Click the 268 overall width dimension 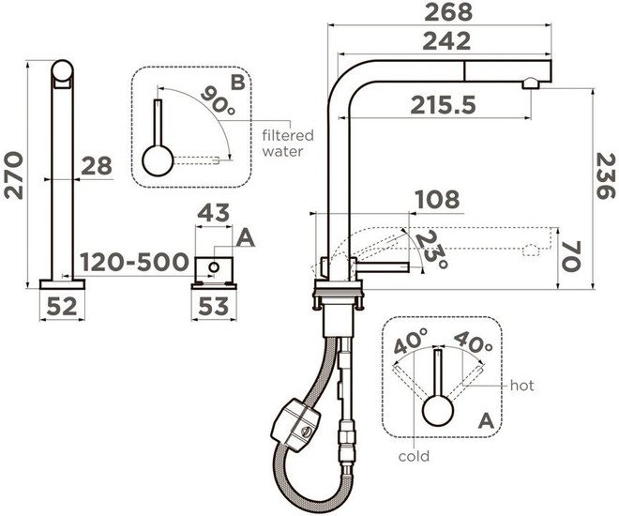[448, 12]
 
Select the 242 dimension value [446, 41]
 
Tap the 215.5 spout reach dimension [443, 105]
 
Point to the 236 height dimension [606, 176]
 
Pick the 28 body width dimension [97, 166]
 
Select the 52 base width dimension [62, 306]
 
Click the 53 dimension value [214, 306]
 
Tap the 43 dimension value [213, 212]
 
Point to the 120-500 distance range [135, 262]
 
